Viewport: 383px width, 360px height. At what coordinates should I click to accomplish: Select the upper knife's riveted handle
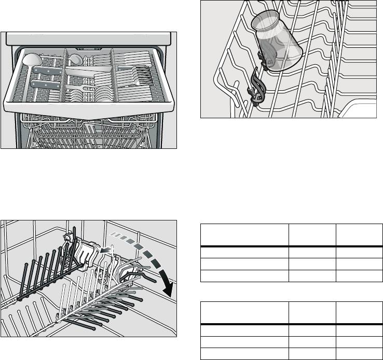point(48,70)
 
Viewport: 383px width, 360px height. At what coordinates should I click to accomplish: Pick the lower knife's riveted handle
point(45,83)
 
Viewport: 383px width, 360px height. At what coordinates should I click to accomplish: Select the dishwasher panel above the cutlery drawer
point(88,38)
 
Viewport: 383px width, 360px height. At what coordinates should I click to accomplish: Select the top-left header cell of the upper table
point(244,235)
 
